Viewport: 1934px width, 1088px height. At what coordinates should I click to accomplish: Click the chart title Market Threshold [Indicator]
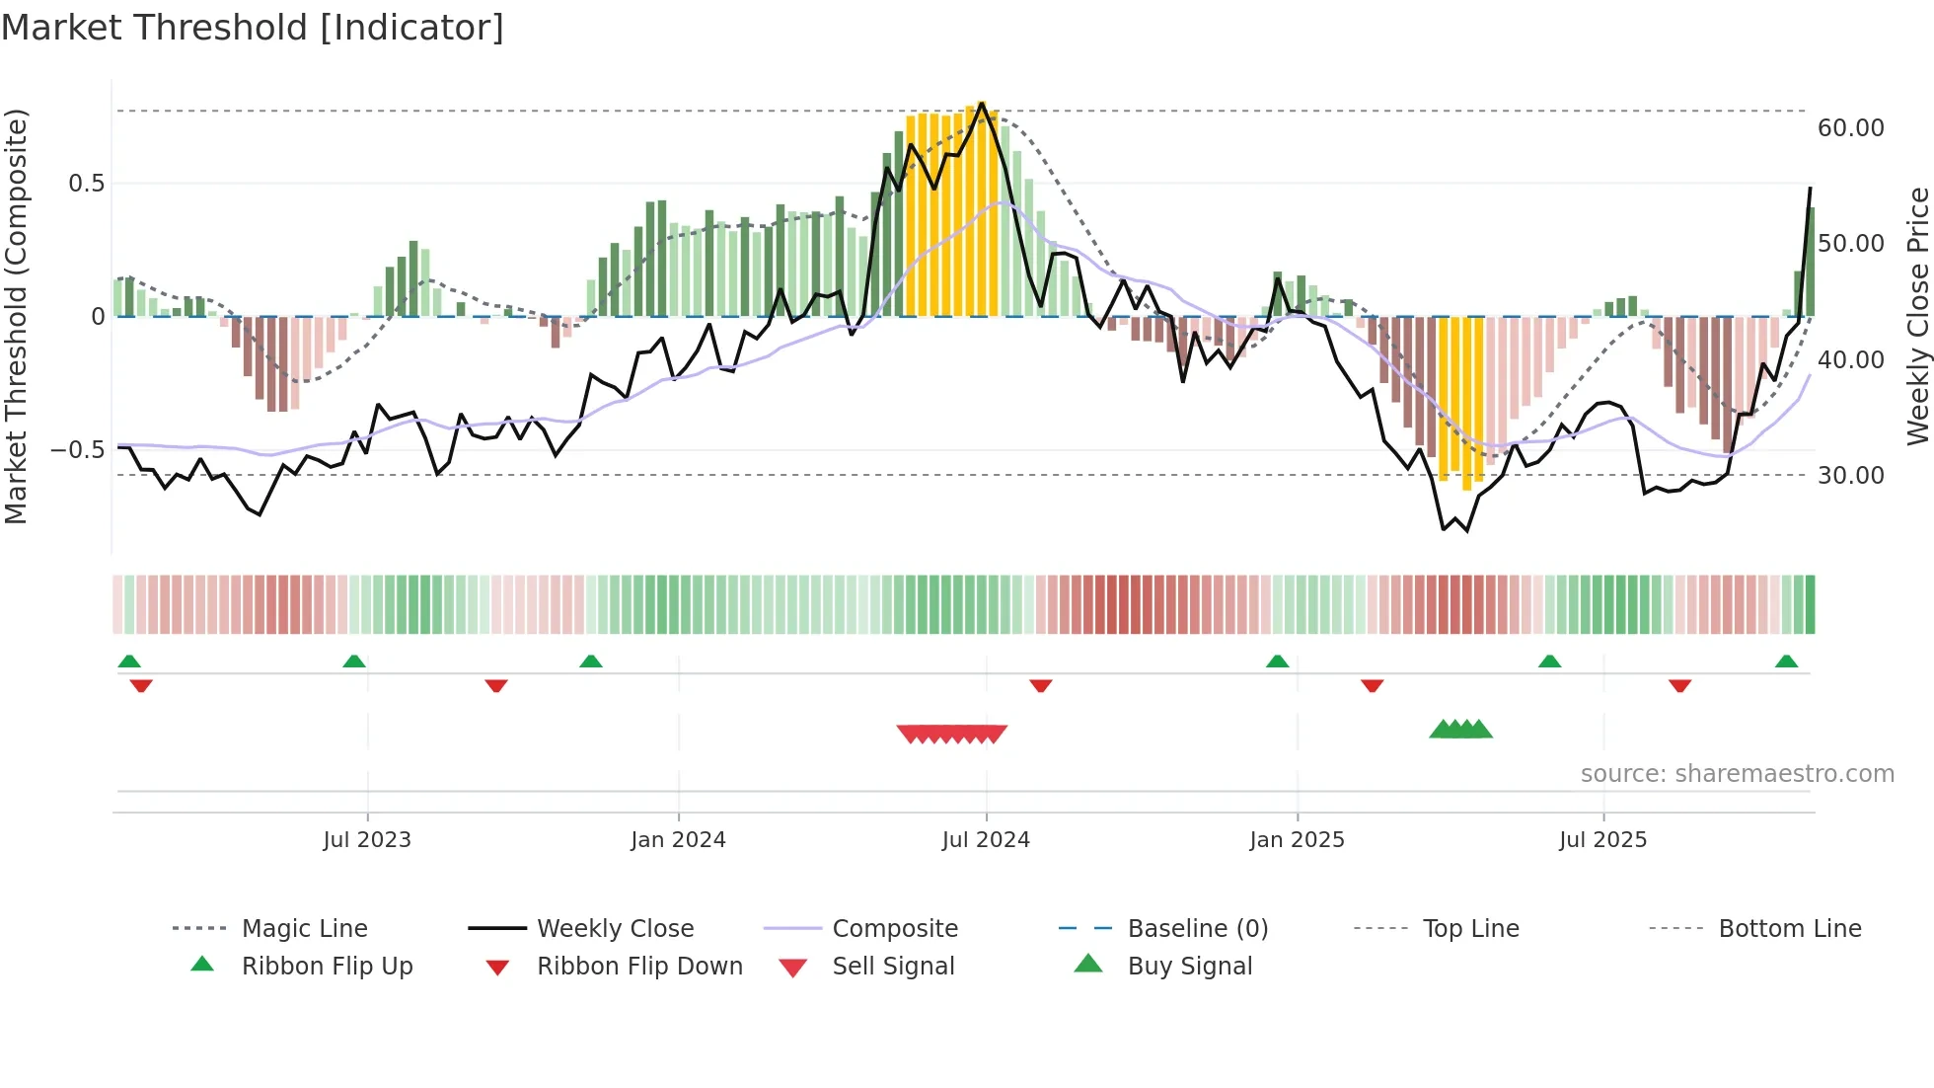point(253,28)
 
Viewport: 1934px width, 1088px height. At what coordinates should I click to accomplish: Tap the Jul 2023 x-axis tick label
point(367,839)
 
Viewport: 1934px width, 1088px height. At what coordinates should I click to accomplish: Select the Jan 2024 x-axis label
point(678,839)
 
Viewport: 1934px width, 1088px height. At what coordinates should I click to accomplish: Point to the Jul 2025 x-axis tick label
point(1602,839)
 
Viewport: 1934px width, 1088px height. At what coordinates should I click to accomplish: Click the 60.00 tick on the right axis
point(1850,127)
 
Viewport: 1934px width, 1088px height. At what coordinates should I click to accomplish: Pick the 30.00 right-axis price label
point(1850,475)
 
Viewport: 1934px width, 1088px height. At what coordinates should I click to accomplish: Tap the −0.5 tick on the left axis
point(77,449)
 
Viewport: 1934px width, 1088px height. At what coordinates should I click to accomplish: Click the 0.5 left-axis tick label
point(86,183)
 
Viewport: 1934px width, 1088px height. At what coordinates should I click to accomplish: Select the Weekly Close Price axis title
point(1917,316)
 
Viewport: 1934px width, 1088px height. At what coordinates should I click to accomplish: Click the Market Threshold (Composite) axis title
point(16,316)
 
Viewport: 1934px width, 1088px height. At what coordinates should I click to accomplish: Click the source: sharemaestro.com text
point(1737,773)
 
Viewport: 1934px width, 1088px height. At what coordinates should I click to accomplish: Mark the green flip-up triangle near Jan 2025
point(1277,661)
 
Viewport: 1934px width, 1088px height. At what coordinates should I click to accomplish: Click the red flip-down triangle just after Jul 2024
point(1040,685)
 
